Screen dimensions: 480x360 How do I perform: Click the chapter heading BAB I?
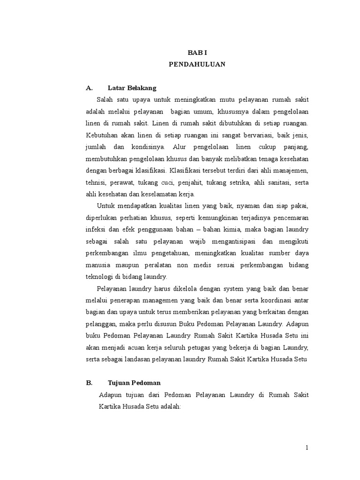[197, 53]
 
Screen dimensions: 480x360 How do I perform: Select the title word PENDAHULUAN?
[197, 64]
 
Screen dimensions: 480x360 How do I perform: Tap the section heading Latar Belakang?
[132, 88]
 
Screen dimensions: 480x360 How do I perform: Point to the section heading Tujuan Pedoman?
[134, 382]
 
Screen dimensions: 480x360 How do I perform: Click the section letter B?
[89, 382]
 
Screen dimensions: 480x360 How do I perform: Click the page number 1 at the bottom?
[307, 448]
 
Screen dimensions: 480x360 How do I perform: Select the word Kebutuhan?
[102, 135]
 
